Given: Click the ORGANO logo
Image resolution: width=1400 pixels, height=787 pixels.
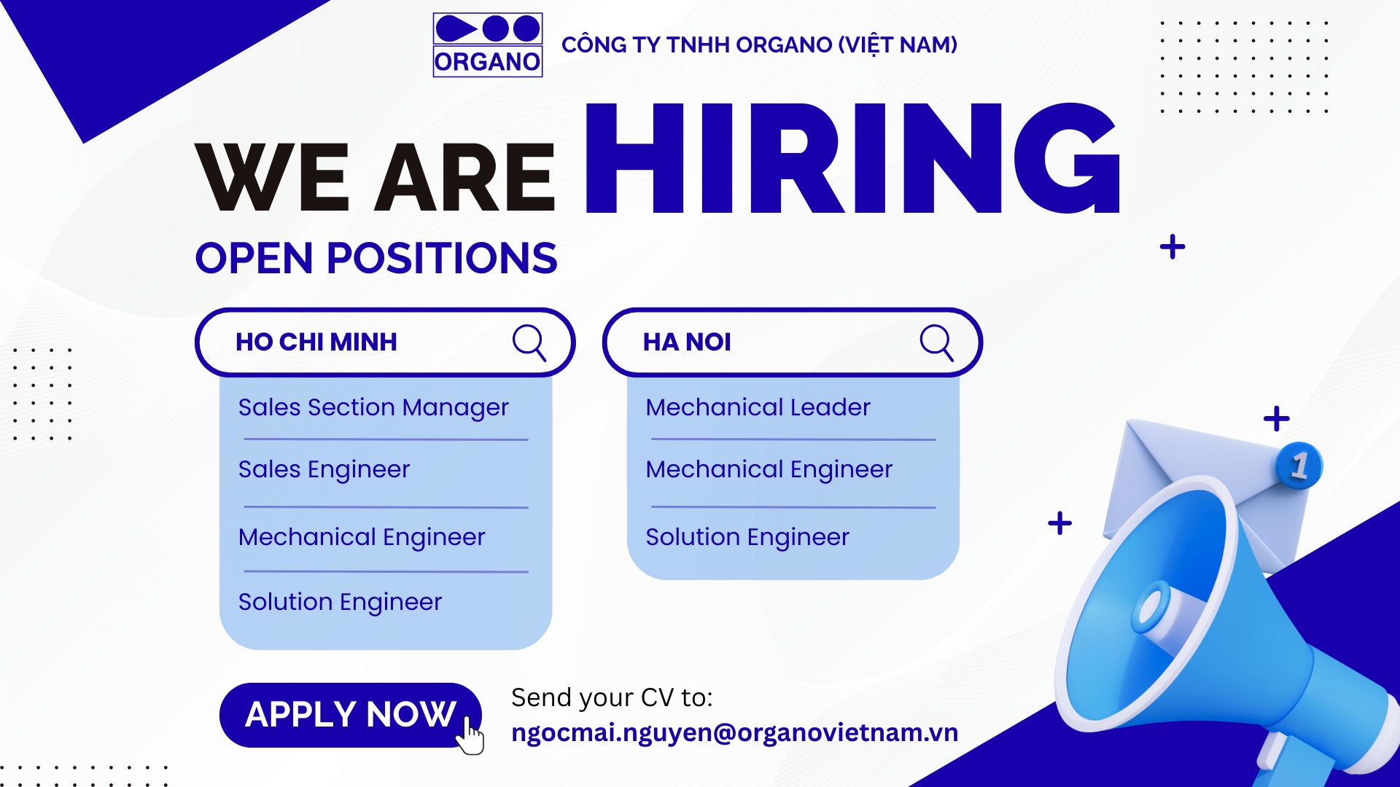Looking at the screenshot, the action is [487, 44].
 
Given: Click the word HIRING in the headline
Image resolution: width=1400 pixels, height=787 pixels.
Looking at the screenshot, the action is [852, 158].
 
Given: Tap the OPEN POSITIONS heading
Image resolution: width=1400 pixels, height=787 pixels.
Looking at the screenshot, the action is [376, 258].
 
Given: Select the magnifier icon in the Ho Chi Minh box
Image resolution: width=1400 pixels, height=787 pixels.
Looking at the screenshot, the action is [529, 342].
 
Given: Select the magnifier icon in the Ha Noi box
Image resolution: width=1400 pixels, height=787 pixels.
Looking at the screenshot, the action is [937, 342].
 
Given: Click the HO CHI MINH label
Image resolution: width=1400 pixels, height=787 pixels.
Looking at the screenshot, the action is [316, 342].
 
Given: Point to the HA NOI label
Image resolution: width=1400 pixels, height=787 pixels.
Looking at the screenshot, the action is [687, 342].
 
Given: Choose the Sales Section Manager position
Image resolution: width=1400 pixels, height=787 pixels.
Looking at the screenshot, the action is [373, 407].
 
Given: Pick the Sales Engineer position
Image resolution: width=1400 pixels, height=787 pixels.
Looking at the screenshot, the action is [324, 469].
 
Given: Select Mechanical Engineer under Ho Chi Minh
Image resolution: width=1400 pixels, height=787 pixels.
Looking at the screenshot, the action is [362, 537].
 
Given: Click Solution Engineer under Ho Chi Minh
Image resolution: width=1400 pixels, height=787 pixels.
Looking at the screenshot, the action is [340, 602].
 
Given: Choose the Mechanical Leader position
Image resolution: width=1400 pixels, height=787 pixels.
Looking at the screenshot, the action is [758, 407].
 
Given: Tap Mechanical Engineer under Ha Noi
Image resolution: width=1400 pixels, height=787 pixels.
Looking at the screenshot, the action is [769, 469].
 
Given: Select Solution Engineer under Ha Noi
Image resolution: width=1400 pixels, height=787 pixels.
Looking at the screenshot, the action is [747, 537].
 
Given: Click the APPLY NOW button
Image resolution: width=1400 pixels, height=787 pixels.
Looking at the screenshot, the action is [351, 715].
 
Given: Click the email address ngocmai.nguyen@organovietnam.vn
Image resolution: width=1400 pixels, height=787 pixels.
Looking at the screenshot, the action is [735, 732].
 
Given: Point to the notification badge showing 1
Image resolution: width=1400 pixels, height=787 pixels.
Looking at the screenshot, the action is [1299, 466].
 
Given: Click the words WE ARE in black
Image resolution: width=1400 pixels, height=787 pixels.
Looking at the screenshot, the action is [376, 177].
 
